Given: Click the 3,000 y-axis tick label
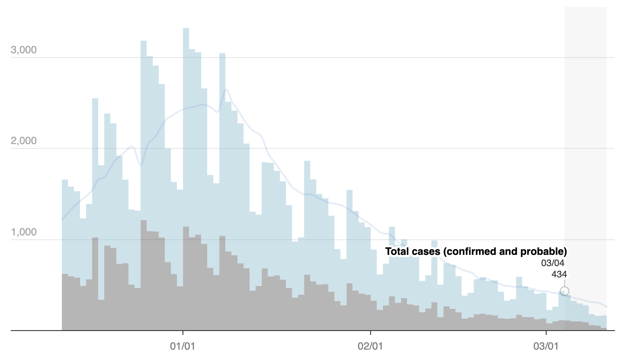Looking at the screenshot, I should [24, 50].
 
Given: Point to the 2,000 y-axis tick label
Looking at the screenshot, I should [24, 141].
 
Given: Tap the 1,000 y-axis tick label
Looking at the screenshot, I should [24, 232].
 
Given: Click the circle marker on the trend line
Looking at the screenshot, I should [564, 291].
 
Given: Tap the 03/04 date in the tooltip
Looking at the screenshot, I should [553, 263].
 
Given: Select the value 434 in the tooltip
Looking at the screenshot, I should [559, 274].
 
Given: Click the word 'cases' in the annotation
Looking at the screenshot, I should [425, 251].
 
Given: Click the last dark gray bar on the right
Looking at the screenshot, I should [604, 329].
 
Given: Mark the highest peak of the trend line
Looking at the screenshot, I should [226, 89].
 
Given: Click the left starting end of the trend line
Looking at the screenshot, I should [62, 220].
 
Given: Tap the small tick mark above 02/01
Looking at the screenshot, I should [371, 333].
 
